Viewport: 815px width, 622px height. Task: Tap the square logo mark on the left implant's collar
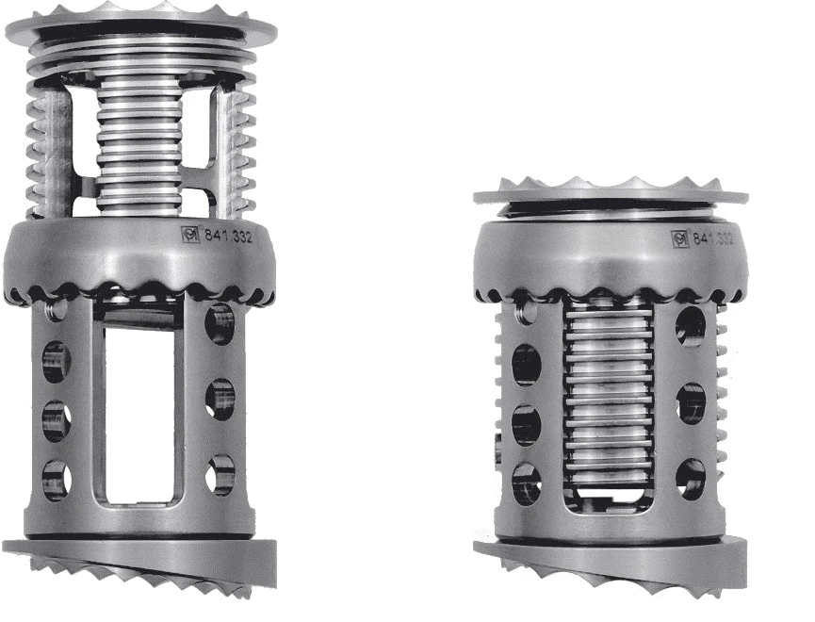pyautogui.click(x=189, y=234)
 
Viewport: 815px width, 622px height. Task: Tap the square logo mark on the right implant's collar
pyautogui.click(x=679, y=238)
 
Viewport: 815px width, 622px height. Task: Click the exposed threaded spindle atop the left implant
pyautogui.click(x=139, y=141)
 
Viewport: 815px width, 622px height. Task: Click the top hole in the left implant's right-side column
pyautogui.click(x=220, y=323)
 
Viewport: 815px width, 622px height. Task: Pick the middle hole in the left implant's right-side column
pyautogui.click(x=220, y=400)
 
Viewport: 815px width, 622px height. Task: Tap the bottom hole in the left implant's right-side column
pyautogui.click(x=220, y=474)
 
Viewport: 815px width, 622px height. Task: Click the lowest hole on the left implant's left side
pyautogui.click(x=55, y=479)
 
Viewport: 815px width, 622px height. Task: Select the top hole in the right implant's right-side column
pyautogui.click(x=691, y=326)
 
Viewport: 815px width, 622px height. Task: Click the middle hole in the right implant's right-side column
pyautogui.click(x=691, y=403)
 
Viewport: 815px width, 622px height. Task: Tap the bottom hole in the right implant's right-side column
pyautogui.click(x=691, y=478)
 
